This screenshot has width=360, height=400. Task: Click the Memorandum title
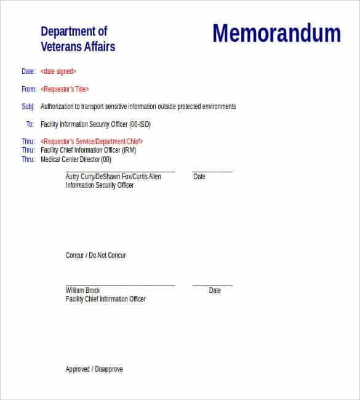click(x=276, y=34)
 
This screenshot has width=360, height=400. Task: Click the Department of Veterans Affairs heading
click(x=78, y=39)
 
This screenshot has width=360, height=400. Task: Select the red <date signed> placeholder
click(x=58, y=71)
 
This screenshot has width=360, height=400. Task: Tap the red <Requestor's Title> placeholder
click(x=65, y=89)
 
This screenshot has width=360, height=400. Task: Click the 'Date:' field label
click(x=28, y=71)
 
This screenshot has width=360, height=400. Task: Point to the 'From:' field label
click(x=28, y=89)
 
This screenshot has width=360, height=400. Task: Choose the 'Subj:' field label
click(x=28, y=106)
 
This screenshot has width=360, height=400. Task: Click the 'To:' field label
click(x=30, y=124)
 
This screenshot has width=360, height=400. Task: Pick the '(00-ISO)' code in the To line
click(x=140, y=124)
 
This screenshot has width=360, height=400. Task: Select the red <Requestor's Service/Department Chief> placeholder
click(x=95, y=142)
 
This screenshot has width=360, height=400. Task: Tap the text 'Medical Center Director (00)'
click(x=76, y=159)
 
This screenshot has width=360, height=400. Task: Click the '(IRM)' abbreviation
click(x=129, y=150)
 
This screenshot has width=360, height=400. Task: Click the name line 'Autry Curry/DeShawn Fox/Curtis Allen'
click(x=113, y=177)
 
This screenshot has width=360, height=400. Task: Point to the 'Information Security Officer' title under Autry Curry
click(x=100, y=185)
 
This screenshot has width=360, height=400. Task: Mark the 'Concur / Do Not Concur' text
click(x=95, y=255)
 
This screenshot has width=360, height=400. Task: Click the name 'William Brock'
click(x=82, y=290)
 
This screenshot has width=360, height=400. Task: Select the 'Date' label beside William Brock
click(x=215, y=290)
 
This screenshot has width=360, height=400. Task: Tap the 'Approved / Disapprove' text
click(x=94, y=369)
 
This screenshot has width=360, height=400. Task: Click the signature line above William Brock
click(x=120, y=286)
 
